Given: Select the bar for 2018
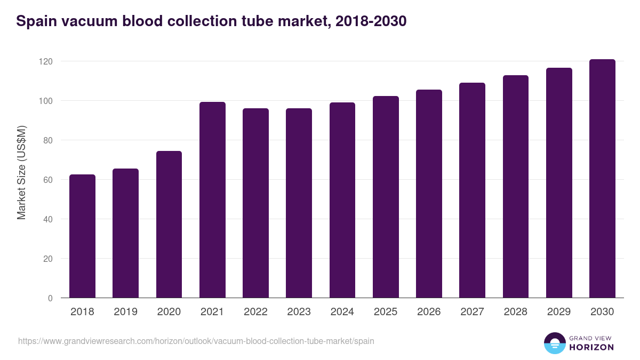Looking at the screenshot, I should (x=82, y=236).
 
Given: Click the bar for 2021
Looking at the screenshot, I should (x=212, y=200).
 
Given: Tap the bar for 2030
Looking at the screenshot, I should (x=602, y=179).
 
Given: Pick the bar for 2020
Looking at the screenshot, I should (x=169, y=225).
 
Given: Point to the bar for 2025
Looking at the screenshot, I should (x=386, y=197).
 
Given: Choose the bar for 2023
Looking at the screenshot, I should (x=299, y=203).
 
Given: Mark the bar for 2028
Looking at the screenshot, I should (x=516, y=187).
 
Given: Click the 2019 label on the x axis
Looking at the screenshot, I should (x=126, y=312).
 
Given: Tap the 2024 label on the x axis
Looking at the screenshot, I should (x=342, y=312).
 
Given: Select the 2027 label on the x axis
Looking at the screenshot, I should (x=472, y=312).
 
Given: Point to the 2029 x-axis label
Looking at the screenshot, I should (x=559, y=312).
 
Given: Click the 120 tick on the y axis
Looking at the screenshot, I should (x=46, y=61).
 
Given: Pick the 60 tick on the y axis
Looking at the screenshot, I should (x=48, y=180).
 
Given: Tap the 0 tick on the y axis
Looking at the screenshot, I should (x=50, y=298).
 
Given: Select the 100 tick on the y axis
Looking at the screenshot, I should (x=46, y=101).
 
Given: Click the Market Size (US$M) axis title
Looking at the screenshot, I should (x=21, y=172).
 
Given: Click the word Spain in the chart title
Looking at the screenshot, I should (x=36, y=21).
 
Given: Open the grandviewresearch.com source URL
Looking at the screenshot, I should (x=196, y=341).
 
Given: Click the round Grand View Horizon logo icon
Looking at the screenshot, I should (x=554, y=343).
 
